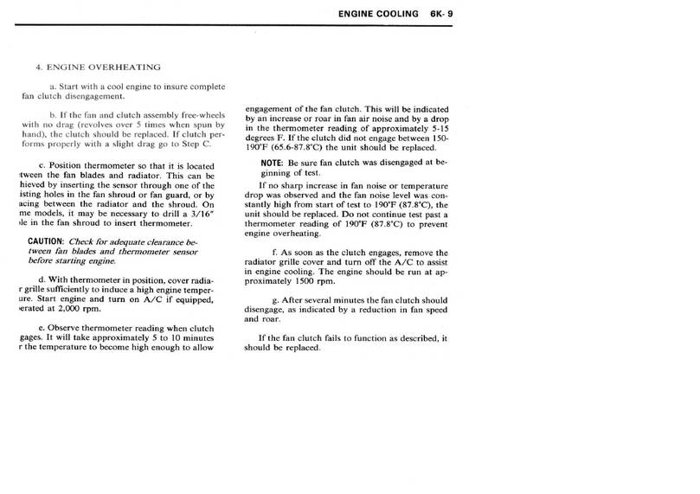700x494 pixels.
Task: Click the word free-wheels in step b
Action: coord(203,115)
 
